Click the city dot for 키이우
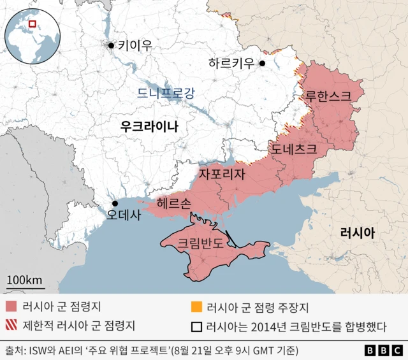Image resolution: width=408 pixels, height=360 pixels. (x=112, y=45)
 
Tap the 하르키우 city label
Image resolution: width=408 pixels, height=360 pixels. (x=231, y=63)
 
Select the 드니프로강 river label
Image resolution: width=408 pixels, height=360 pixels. (x=166, y=94)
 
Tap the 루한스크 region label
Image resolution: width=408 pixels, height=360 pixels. (x=328, y=97)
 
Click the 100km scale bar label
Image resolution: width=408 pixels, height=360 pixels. (x=25, y=280)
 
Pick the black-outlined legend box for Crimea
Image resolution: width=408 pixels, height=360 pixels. (x=197, y=326)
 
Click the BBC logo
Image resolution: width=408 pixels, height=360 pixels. (x=382, y=350)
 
